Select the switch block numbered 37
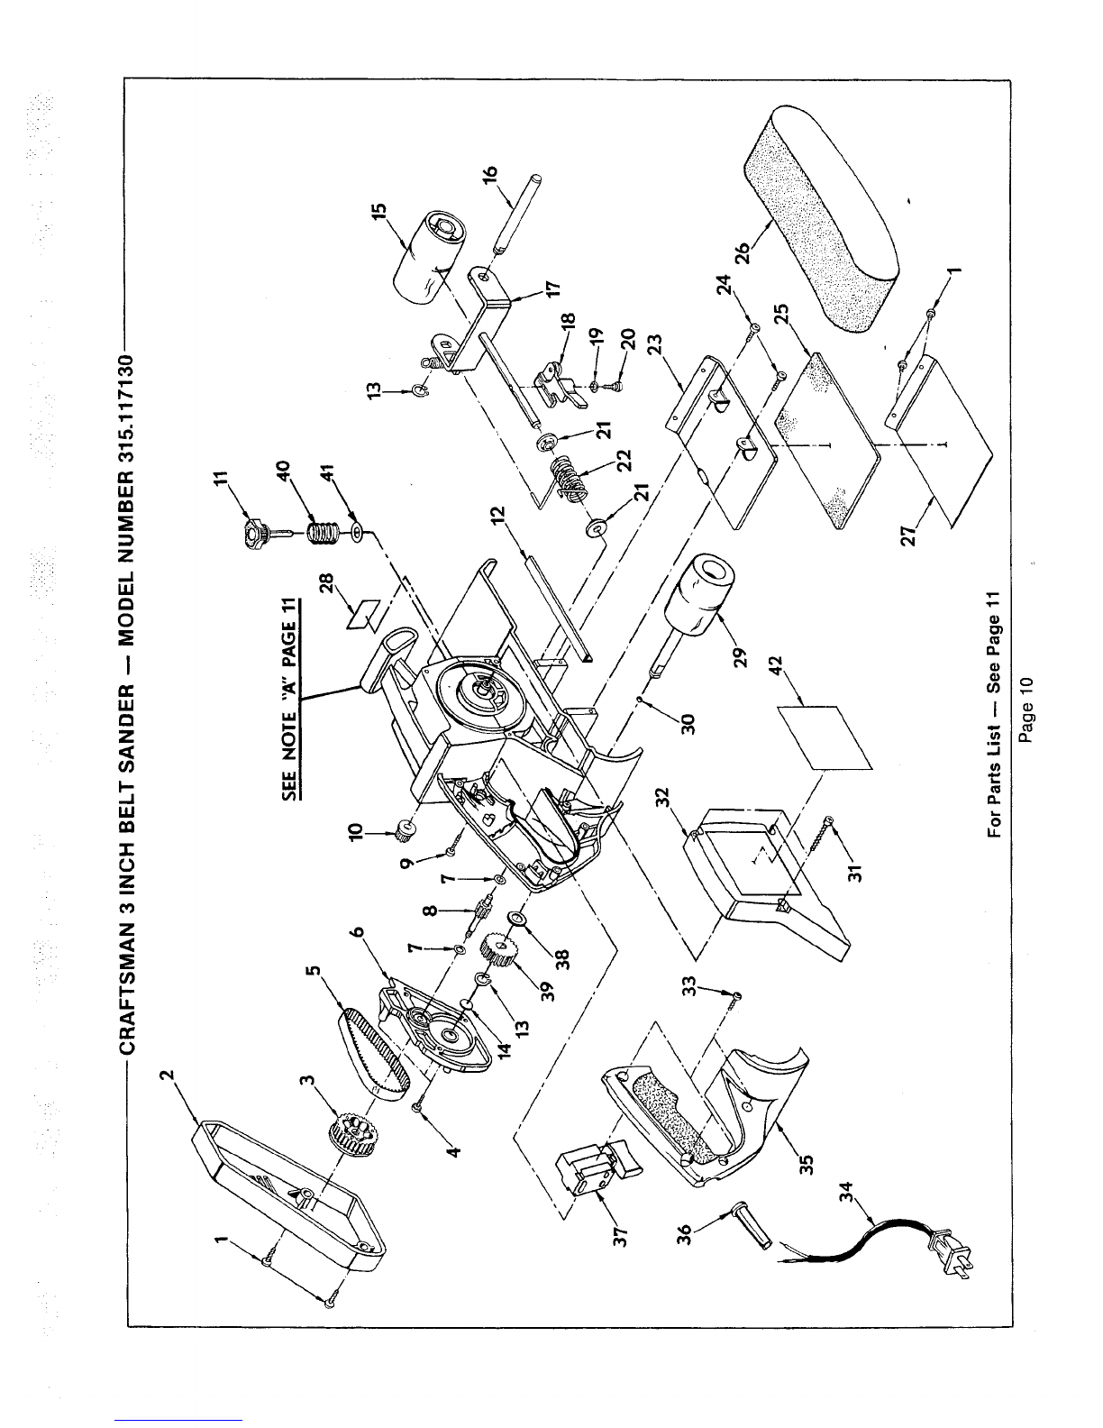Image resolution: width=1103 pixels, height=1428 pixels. click(594, 1168)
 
